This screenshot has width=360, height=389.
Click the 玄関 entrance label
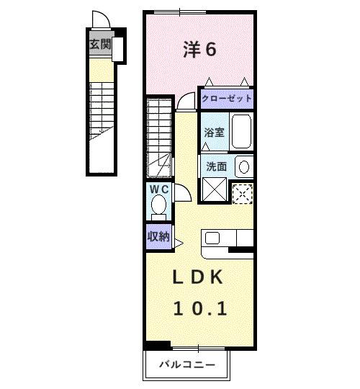pyautogui.click(x=100, y=45)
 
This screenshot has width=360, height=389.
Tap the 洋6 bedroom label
pyautogui.click(x=199, y=49)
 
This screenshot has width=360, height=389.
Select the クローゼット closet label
pyautogui.click(x=227, y=99)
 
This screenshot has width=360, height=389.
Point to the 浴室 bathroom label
pyautogui.click(x=214, y=133)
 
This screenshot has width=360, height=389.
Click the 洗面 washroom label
pyautogui.click(x=217, y=166)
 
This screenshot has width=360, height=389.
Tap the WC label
pyautogui.click(x=158, y=189)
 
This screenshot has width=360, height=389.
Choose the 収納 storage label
pyautogui.click(x=158, y=236)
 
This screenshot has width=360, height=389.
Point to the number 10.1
pyautogui.click(x=199, y=308)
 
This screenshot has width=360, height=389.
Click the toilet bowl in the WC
pyautogui.click(x=158, y=206)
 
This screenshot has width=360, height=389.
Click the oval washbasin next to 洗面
pyautogui.click(x=243, y=166)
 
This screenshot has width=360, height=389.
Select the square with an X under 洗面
pyautogui.click(x=215, y=190)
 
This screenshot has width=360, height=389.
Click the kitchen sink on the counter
pyautogui.click(x=214, y=237)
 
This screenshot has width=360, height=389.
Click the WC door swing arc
pyautogui.click(x=181, y=192)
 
